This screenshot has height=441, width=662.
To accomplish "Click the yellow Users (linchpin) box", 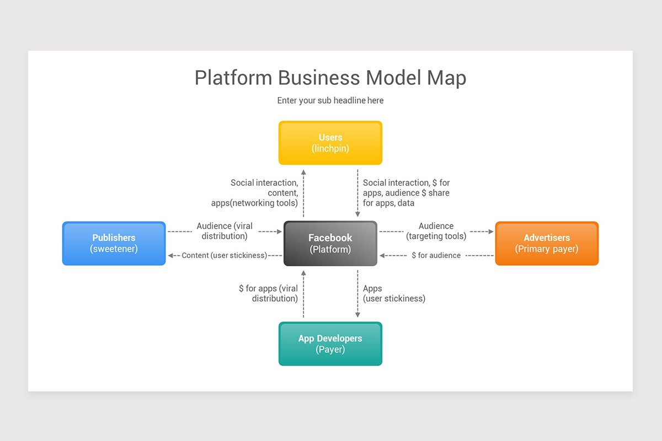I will point(330,143).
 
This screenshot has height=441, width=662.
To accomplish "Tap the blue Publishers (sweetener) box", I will point(114,243).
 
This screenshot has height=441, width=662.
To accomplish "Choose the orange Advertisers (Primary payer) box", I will point(546,243).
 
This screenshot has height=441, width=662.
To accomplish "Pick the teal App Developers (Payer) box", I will point(330,343).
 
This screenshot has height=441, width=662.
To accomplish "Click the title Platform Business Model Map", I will point(330,78).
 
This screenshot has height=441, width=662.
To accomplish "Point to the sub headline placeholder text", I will point(330,100).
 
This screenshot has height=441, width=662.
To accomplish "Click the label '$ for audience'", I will point(436,255).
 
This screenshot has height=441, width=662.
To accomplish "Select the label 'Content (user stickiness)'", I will point(224,255).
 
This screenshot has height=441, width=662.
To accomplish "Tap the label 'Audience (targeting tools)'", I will point(436,231).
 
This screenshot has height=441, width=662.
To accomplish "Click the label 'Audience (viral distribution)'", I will point(224,231).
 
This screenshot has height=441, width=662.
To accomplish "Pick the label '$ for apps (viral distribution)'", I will point(268,293).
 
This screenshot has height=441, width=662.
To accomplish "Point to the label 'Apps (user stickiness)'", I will point(394,293).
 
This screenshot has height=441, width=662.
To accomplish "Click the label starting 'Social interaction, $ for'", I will point(406,193).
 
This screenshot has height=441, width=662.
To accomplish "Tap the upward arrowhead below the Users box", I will point(303,173).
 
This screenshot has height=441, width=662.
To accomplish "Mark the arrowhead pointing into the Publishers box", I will point(171,255).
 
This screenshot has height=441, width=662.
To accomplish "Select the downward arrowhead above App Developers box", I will point(357,315).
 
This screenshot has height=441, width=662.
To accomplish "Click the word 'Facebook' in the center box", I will point(330,238).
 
